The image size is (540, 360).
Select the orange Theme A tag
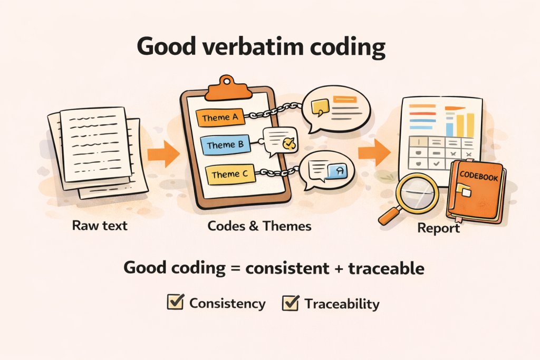(x=220, y=118)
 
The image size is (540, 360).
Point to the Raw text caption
(x=100, y=226)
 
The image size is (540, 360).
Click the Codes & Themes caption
(x=259, y=226)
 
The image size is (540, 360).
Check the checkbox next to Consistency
(x=175, y=303)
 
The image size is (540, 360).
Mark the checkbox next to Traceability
(x=291, y=303)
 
